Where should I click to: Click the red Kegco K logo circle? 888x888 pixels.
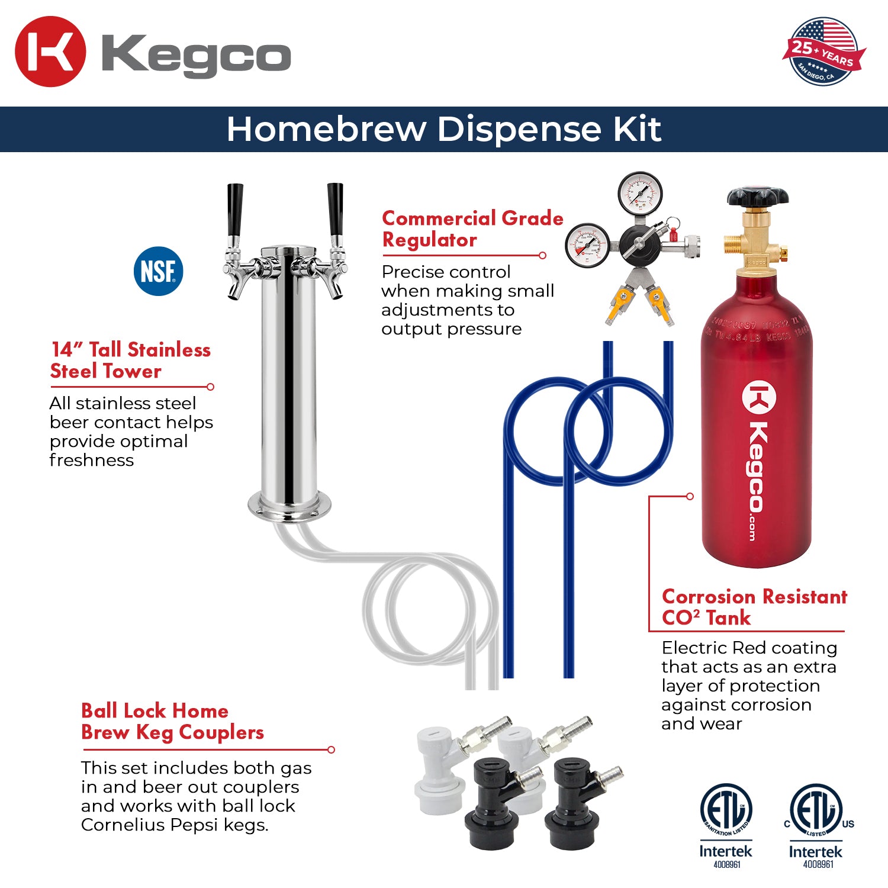coord(50,52)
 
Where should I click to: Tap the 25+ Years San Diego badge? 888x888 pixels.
coord(823,52)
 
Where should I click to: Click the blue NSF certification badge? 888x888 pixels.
coord(158,271)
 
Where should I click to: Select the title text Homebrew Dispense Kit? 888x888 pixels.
coord(443,129)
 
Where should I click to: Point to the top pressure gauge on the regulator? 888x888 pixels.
coord(640,192)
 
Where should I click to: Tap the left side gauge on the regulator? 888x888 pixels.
coord(587,245)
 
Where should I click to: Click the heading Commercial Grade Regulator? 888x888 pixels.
coord(472,229)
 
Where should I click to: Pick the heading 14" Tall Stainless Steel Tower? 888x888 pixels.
coord(130,360)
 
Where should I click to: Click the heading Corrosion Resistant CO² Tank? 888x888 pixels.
coord(754,607)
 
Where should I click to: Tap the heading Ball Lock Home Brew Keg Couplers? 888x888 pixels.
coord(172,721)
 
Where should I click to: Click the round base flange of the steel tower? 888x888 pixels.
coord(289,507)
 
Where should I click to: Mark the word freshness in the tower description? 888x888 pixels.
coord(92,460)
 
